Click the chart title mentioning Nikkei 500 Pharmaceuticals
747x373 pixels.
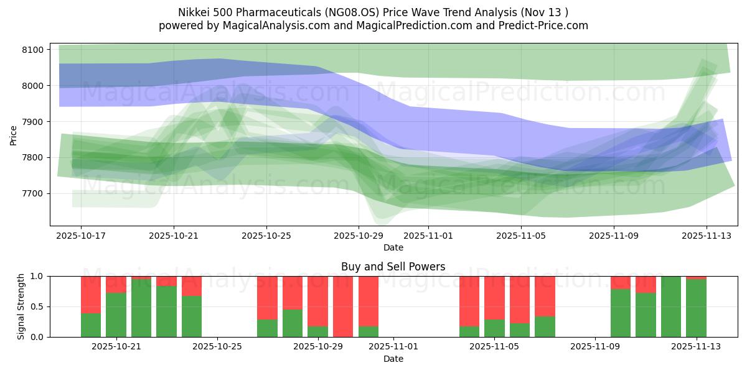373,12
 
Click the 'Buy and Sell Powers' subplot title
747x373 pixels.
393,267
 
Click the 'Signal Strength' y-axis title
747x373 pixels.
22,306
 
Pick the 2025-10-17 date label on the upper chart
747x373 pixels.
81,236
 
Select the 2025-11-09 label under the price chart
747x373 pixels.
614,236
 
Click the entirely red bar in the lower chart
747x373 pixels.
343,306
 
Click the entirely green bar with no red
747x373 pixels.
671,306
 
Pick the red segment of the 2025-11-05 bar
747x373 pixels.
494,297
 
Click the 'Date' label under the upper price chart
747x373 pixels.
393,247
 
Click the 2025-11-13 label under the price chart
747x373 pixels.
706,236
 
